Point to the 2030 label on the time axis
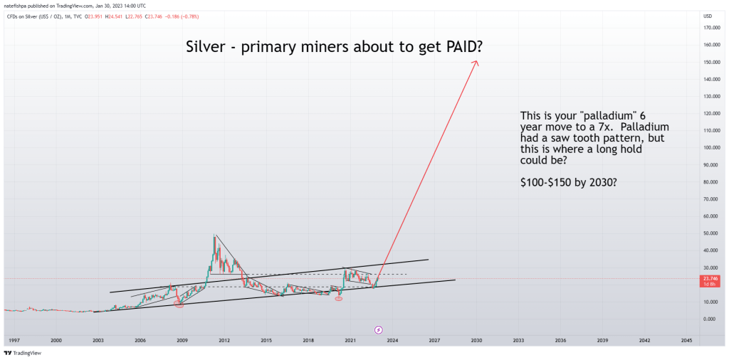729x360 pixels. click(x=476, y=341)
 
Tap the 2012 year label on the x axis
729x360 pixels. click(x=224, y=341)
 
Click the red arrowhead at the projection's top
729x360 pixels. click(x=476, y=63)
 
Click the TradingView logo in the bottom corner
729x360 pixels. click(x=22, y=353)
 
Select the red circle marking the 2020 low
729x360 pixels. click(x=339, y=298)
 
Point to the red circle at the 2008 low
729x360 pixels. click(x=178, y=305)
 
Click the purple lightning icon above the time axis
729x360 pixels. click(x=378, y=329)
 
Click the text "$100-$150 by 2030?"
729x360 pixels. click(x=569, y=182)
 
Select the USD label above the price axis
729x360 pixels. click(x=707, y=16)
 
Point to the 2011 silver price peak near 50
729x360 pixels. click(x=214, y=235)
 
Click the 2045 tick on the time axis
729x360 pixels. click(x=686, y=341)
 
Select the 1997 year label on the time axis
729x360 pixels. click(x=15, y=341)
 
